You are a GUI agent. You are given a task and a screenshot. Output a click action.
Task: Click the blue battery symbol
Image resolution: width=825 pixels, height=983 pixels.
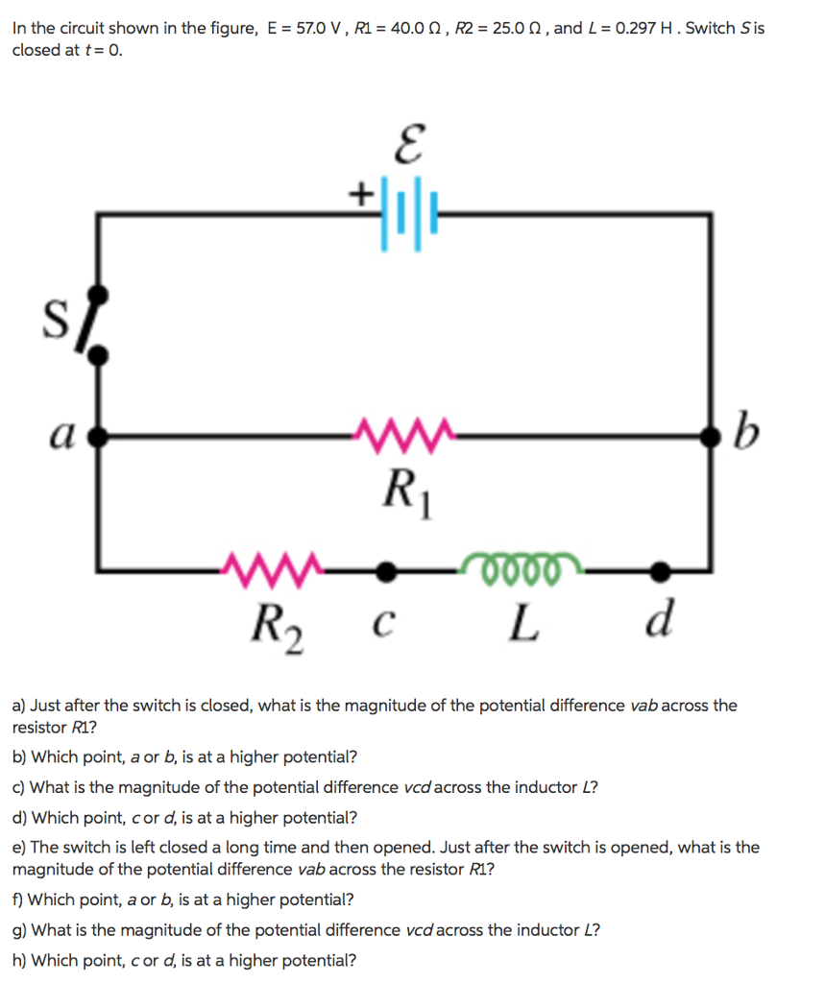[x=408, y=214]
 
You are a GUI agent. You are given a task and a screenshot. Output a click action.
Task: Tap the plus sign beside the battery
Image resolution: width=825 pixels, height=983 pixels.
[x=360, y=193]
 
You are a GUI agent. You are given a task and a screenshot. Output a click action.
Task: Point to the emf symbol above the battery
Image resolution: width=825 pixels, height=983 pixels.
[x=410, y=144]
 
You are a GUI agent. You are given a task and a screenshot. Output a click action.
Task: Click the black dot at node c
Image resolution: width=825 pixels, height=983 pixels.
[x=386, y=571]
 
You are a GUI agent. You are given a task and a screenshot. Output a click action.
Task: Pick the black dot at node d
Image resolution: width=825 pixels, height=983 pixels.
[x=660, y=571]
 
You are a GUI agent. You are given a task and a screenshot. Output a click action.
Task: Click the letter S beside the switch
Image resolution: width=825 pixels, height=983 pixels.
[x=56, y=319]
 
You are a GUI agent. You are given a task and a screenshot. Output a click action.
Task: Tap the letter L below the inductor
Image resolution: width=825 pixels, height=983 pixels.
[x=522, y=624]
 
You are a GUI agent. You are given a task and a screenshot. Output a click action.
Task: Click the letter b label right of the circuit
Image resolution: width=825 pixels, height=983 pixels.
[x=746, y=431]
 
